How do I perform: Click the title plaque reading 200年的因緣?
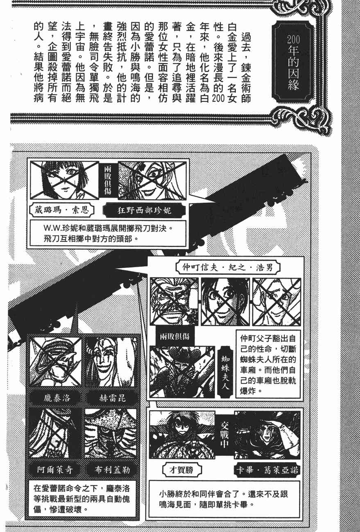coord(293,63)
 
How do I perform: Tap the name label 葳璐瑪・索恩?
coord(61,210)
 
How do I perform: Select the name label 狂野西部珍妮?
coord(144,210)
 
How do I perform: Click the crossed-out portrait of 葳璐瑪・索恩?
coord(64,180)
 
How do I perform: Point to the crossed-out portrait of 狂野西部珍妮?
coord(152,180)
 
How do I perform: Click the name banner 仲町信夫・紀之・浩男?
coord(228,267)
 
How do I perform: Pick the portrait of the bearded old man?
coord(174,302)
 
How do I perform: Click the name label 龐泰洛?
coord(56,398)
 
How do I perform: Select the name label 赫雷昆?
coord(112,398)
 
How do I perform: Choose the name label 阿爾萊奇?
coord(55,469)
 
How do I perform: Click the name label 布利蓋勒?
coord(112,469)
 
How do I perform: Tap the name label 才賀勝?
coord(181,470)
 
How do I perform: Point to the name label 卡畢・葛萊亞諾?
coord(267,470)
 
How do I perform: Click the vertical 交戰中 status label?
coord(224,435)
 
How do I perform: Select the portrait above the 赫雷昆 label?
coord(111,362)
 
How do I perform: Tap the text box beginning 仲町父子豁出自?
coord(268,364)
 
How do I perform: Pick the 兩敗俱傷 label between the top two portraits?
coord(108,180)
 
